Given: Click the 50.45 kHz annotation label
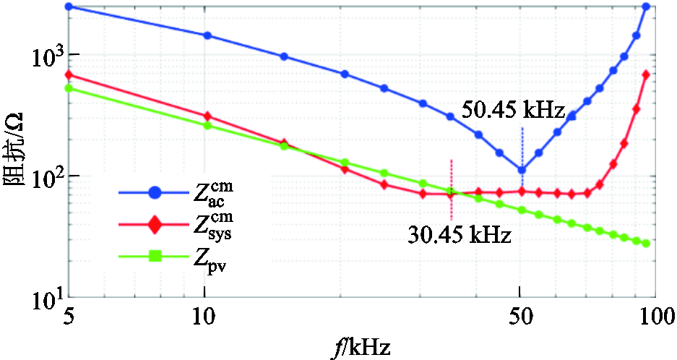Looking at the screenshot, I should (514, 112).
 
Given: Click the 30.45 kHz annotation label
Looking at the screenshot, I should (460, 235).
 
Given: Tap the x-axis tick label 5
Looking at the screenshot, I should (69, 317).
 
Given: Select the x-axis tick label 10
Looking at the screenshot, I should (205, 317).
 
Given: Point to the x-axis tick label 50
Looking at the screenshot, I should (520, 317).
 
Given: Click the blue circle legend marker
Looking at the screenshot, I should (155, 192).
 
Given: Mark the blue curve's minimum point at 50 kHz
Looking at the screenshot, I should (521, 171).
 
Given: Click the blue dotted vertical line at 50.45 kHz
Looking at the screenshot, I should (522, 145).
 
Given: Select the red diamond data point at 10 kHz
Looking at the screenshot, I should (207, 116).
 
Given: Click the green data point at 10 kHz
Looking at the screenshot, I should (207, 126).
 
